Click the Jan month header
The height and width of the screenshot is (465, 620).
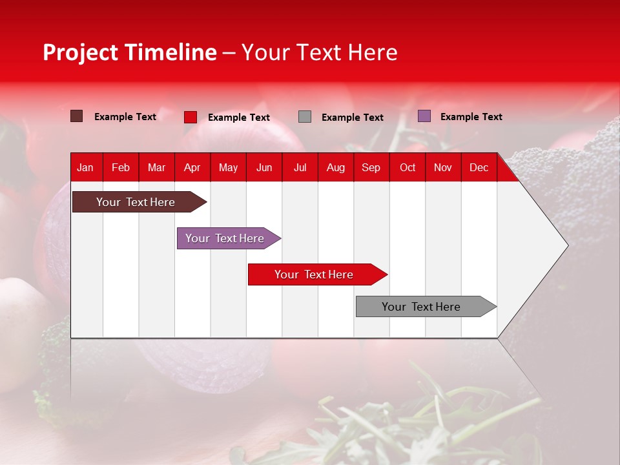click(x=85, y=168)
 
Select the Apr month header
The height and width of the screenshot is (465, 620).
click(x=192, y=168)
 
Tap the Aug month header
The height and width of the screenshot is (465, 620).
click(x=335, y=168)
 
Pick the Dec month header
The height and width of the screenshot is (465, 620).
click(x=479, y=168)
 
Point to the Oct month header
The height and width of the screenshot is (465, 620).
click(x=408, y=168)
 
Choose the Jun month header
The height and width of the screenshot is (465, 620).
click(x=264, y=168)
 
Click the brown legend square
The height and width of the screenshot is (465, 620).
click(x=76, y=116)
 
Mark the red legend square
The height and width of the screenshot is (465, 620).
click(x=190, y=117)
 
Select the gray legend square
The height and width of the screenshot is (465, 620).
click(x=305, y=117)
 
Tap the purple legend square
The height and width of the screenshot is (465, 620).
click(x=424, y=116)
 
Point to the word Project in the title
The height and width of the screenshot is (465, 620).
click(x=81, y=52)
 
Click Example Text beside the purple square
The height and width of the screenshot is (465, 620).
click(x=471, y=117)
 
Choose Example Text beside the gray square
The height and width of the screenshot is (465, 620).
click(x=352, y=118)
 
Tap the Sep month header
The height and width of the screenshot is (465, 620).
click(x=371, y=168)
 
